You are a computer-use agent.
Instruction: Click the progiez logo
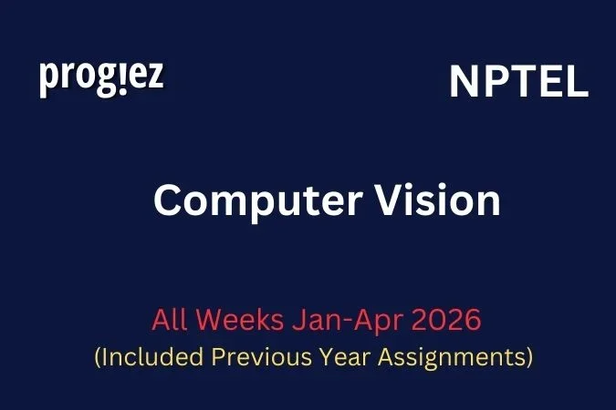(101, 78)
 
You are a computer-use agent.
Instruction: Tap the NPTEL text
(518, 84)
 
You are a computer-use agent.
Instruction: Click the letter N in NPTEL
(463, 84)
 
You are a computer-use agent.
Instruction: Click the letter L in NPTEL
(577, 84)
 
